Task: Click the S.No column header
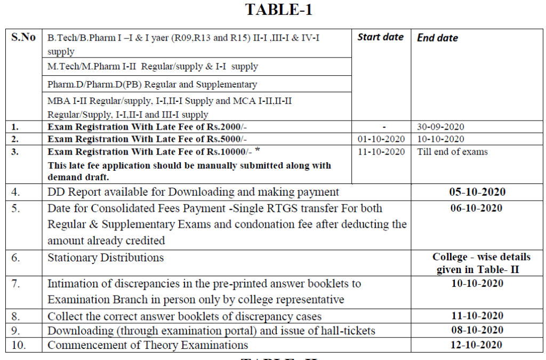pos(23,37)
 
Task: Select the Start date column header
pos(380,37)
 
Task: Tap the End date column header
pos(437,38)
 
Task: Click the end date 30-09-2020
pos(440,127)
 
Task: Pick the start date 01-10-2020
pos(381,139)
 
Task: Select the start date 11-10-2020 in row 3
pos(381,151)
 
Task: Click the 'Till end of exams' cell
pos(452,151)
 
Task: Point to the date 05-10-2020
pos(477,192)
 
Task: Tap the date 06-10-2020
pos(477,208)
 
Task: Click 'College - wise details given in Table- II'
pos(477,263)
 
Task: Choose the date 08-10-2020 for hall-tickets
pos(477,330)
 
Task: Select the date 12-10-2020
pos(477,345)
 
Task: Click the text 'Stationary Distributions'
pos(106,258)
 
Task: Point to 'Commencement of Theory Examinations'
pos(148,345)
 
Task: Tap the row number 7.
pos(16,284)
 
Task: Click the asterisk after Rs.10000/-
pos(258,150)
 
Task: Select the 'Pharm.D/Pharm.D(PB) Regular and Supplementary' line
pos(152,84)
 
